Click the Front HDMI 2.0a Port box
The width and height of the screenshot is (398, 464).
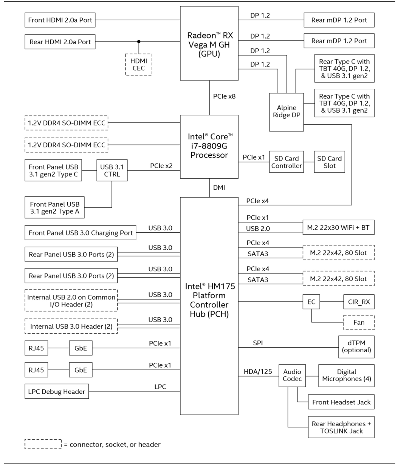pos(60,20)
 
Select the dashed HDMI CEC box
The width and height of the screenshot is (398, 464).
pos(139,65)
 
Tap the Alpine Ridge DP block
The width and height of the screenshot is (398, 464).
pos(286,112)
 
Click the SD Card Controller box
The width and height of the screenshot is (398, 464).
pos(286,162)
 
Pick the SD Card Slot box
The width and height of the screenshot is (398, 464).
pos(330,162)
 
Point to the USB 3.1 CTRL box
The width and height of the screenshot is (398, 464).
pos(112,170)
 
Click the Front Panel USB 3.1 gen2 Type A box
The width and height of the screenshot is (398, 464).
pos(54,207)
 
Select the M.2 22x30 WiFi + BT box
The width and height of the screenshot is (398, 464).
pos(339,227)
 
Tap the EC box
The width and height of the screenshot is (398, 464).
pos(311,302)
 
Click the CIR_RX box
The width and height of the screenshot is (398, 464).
pos(359,302)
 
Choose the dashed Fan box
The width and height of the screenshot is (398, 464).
pos(359,322)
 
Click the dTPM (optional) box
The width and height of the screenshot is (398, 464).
pos(356,347)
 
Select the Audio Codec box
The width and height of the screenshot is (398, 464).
pos(292,376)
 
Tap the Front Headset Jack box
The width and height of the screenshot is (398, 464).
pos(341,402)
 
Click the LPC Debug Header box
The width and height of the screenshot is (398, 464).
pos(57,391)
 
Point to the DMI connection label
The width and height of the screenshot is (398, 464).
pos(219,188)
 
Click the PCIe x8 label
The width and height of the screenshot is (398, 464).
pos(225,96)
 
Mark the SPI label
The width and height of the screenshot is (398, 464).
pos(258,343)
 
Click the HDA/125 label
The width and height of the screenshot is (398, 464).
pos(258,371)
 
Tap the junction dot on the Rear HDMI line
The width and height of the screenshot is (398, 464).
pos(139,42)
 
